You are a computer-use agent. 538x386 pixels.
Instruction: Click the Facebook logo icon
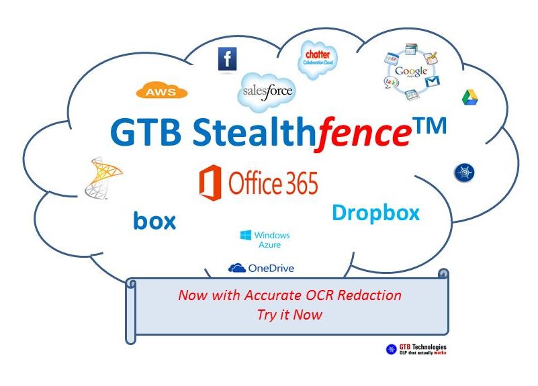(227, 59)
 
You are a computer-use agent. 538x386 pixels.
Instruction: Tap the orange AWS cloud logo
(161, 91)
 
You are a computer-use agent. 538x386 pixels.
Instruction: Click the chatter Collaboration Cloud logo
(317, 60)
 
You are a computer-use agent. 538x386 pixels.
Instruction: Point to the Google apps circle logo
(410, 72)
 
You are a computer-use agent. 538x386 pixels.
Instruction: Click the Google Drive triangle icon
(469, 97)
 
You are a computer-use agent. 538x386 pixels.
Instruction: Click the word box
(154, 221)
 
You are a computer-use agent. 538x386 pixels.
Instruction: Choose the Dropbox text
(375, 213)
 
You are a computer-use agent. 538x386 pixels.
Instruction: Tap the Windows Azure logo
(265, 240)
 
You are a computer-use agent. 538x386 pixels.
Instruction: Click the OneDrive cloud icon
(236, 269)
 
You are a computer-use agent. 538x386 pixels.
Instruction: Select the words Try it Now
(289, 314)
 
